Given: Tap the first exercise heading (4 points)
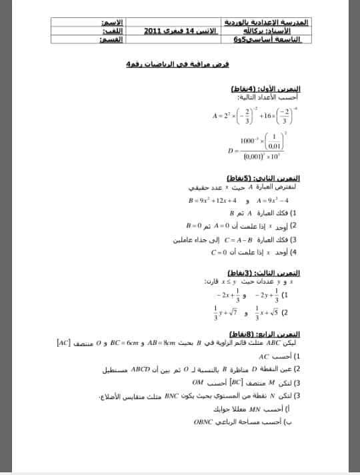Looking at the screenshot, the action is pos(265,89).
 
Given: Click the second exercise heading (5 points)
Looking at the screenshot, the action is pos(264,179).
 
